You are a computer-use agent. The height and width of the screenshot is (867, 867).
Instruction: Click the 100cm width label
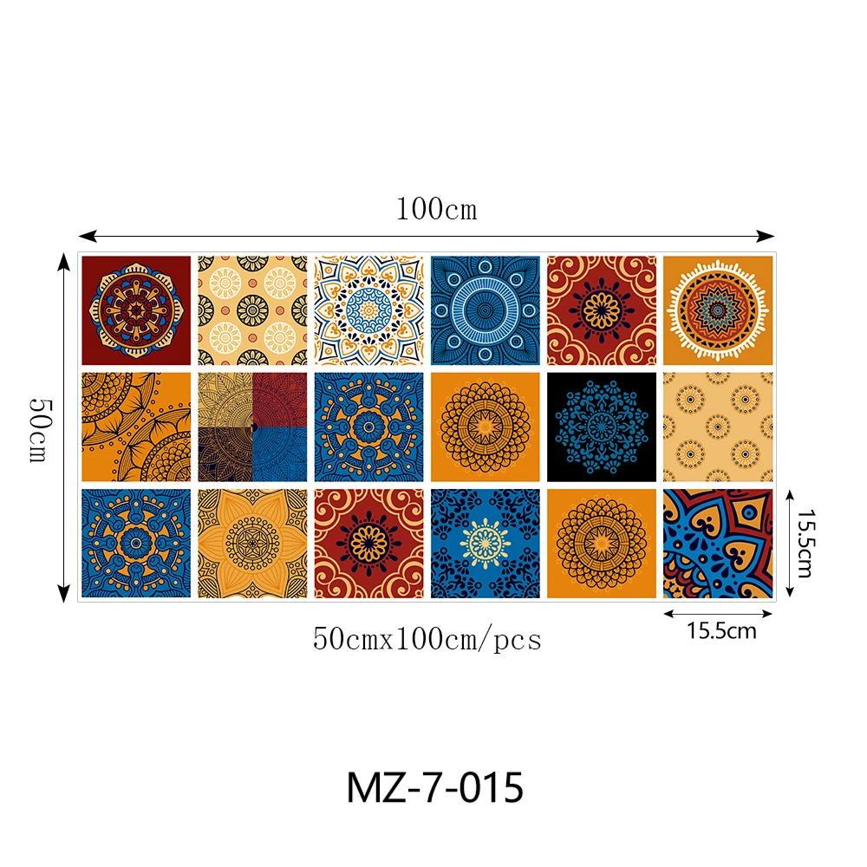(436, 210)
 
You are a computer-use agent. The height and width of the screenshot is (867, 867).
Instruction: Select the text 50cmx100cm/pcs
(427, 640)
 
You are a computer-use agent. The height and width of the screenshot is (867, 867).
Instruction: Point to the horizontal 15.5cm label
(721, 631)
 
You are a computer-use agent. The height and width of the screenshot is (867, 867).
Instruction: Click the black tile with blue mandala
(601, 427)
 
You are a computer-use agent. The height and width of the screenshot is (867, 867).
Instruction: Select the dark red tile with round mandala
(136, 310)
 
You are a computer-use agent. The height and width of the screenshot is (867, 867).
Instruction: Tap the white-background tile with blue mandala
(368, 310)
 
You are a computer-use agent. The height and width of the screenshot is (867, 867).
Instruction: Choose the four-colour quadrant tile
(252, 427)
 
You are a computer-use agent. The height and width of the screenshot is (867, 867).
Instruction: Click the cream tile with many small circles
(717, 427)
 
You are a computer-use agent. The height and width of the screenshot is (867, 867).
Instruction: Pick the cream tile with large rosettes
(252, 310)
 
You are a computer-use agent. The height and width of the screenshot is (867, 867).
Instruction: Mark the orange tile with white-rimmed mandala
(717, 310)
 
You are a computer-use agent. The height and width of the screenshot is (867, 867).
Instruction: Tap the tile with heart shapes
(717, 544)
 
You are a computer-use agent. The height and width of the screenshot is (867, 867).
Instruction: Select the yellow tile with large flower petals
(252, 544)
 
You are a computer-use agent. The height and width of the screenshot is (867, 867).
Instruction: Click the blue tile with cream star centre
(485, 544)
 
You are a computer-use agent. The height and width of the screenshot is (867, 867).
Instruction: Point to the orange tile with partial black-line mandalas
(136, 427)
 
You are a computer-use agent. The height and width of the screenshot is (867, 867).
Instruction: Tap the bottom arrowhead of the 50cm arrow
(62, 593)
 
